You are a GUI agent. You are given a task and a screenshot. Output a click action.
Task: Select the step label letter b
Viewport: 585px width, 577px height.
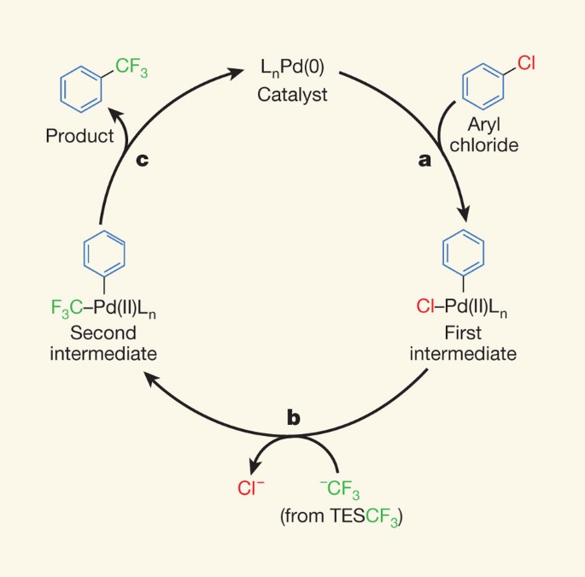(x=293, y=418)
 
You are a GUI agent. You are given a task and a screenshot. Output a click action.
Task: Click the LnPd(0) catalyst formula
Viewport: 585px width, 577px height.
(x=293, y=67)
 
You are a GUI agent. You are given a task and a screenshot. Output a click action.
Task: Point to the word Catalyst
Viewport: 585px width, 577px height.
(x=293, y=93)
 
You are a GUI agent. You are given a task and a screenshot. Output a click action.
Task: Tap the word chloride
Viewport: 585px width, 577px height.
(x=486, y=144)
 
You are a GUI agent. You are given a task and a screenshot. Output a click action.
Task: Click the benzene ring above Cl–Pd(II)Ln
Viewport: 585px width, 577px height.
(x=463, y=253)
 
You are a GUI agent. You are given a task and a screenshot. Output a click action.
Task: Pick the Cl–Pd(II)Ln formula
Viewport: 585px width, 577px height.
(x=463, y=303)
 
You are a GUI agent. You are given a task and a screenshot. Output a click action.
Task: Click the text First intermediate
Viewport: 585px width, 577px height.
(x=463, y=342)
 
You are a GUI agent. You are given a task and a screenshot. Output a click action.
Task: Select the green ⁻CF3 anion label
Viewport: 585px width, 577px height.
(x=339, y=492)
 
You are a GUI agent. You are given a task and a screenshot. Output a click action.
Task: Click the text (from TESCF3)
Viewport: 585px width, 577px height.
(x=339, y=517)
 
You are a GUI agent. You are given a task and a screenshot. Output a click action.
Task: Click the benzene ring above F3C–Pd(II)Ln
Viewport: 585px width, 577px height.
(x=104, y=253)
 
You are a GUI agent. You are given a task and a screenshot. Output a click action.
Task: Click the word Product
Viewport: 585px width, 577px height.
(x=79, y=136)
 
